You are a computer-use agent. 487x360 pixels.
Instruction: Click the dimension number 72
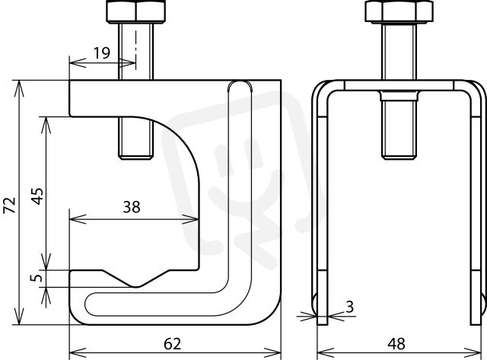pos(10,205)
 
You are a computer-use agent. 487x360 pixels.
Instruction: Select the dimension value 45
pos(38,196)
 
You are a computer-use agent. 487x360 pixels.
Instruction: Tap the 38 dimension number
pos(132,207)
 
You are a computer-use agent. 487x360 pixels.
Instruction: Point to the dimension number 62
pos(173,344)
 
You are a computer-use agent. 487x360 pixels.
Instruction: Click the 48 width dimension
pos(396,344)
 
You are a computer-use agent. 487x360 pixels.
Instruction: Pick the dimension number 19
pos(102,53)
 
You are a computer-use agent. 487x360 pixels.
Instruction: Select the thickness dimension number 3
pos(350,307)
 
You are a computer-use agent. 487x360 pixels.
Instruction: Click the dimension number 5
pos(37,278)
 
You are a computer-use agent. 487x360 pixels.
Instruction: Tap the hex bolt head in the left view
pos(135,12)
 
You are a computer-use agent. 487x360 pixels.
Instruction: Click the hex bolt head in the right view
pos(399,12)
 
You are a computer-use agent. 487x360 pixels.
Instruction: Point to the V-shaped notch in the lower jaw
pos(136,279)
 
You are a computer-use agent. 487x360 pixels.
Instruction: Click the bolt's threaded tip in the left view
pos(135,155)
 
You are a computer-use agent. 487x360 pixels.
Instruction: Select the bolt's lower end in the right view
pos(399,155)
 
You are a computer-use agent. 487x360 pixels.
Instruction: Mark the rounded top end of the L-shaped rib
pos(240,85)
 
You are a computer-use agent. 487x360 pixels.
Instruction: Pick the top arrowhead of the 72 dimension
pos(19,89)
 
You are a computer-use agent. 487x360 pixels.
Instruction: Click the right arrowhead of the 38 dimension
pos(190,219)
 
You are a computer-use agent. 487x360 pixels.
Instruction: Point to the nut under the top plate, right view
pos(399,96)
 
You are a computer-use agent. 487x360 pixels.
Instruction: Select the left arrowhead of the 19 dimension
pos(78,62)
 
